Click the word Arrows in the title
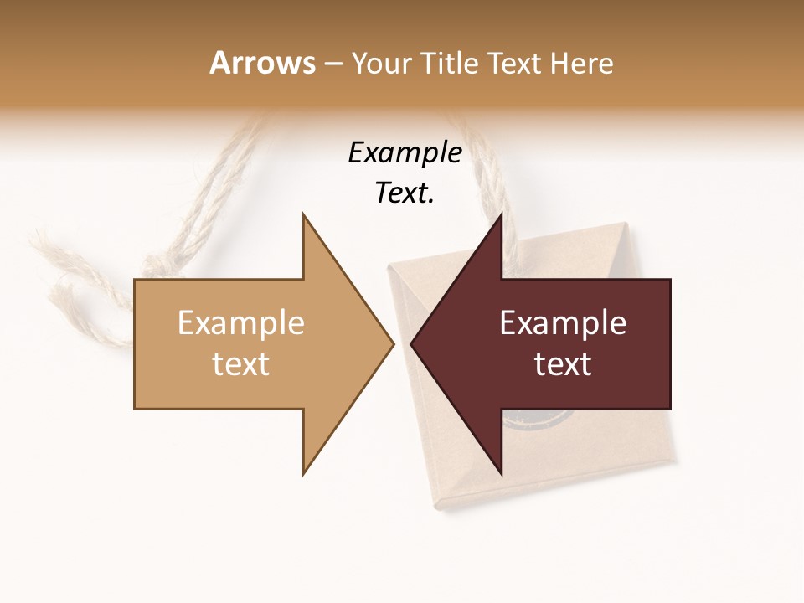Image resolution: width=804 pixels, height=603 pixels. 262,63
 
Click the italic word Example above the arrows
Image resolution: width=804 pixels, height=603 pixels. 405,153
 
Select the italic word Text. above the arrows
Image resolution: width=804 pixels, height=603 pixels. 405,193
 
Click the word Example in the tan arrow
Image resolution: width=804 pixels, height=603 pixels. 241,322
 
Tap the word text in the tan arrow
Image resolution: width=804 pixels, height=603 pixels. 241,363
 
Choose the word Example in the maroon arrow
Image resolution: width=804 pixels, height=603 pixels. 563,322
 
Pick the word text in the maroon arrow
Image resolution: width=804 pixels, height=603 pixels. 563,363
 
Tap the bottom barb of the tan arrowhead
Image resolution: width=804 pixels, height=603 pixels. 305,471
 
